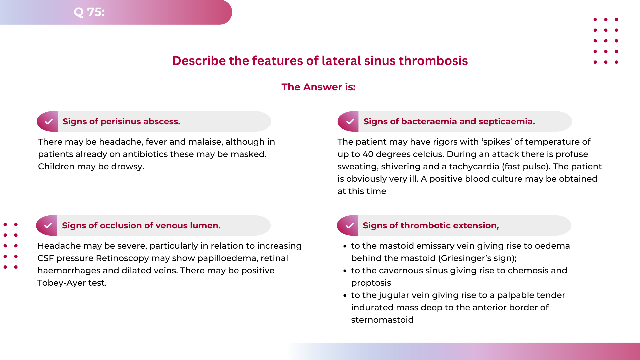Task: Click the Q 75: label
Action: click(89, 12)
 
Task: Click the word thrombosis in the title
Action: click(433, 61)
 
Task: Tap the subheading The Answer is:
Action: click(318, 87)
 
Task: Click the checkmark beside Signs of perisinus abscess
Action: click(49, 121)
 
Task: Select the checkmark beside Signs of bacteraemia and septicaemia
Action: click(350, 121)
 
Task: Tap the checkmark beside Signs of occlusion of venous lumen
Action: click(48, 225)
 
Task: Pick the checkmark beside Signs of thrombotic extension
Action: click(349, 225)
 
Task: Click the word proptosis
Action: click(371, 283)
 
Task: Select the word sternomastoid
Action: click(382, 320)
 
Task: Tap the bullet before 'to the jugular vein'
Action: click(345, 295)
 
